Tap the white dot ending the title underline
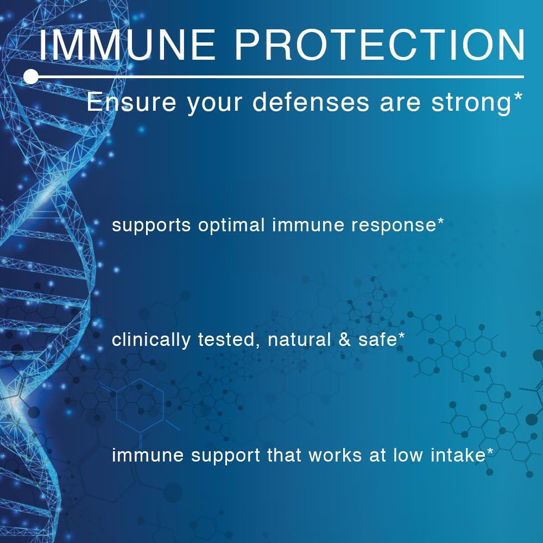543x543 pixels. [31, 77]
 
